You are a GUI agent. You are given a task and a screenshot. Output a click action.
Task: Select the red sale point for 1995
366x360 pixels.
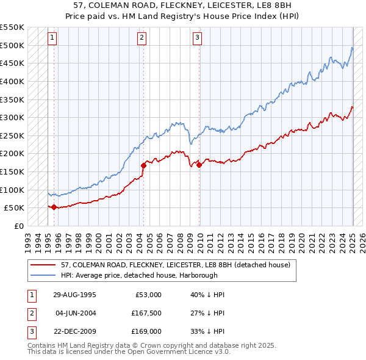(x=54, y=207)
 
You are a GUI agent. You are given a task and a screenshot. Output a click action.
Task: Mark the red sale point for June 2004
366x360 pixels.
(x=143, y=165)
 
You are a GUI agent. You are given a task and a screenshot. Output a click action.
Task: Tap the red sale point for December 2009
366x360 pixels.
(x=199, y=164)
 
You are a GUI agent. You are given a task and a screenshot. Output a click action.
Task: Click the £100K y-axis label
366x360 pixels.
(x=13, y=190)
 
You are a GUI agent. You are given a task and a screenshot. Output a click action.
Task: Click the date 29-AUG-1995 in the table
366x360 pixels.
(x=75, y=294)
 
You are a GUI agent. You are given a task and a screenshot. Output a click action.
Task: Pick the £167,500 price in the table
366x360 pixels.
(x=145, y=313)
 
